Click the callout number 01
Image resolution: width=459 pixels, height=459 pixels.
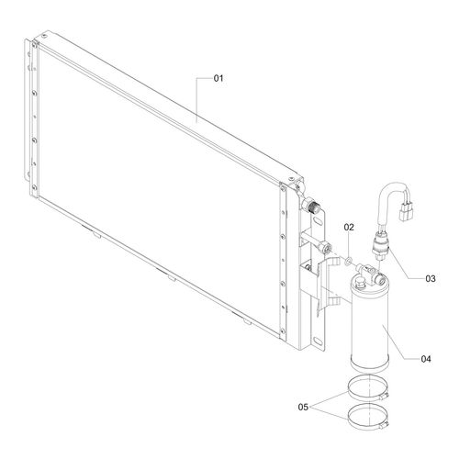pos(218,78)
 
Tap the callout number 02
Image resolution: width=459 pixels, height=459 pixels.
pos(349,227)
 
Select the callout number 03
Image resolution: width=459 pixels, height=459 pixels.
pos(431,278)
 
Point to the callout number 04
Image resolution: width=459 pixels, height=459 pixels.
pos(426,359)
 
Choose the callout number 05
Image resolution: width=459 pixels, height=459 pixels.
pos(303,407)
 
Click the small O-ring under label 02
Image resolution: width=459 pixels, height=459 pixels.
pos(348,262)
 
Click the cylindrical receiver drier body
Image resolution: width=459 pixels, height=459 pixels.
pos(370,323)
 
